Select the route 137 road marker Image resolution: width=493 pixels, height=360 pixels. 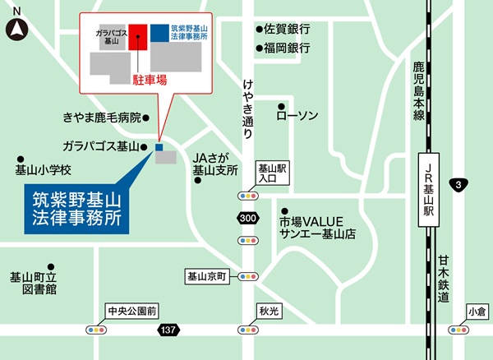(x=167, y=329)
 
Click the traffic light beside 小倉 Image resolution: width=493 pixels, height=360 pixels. (x=458, y=329)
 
